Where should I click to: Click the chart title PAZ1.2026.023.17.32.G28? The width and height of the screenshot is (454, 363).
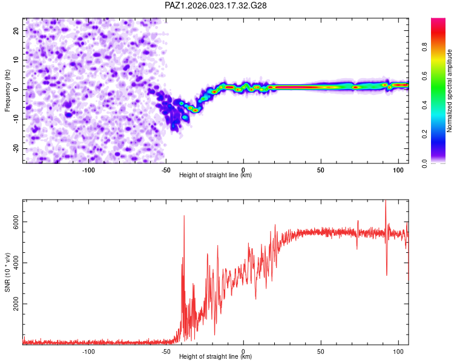pyautogui.click(x=216, y=5)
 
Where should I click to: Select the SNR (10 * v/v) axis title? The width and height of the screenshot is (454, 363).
pyautogui.click(x=7, y=272)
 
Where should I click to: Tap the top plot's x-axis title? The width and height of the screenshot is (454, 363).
pyautogui.click(x=215, y=175)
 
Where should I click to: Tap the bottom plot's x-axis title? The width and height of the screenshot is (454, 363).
pyautogui.click(x=215, y=357)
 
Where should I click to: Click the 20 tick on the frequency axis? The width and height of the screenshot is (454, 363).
pyautogui.click(x=16, y=30)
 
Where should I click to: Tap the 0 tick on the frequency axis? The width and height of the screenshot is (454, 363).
pyautogui.click(x=18, y=90)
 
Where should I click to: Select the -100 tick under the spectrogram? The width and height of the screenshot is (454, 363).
pyautogui.click(x=88, y=169)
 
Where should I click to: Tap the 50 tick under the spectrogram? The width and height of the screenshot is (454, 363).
pyautogui.click(x=321, y=169)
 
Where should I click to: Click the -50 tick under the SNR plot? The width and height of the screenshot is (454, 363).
pyautogui.click(x=166, y=351)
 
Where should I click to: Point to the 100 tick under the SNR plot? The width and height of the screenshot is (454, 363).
pyautogui.click(x=398, y=351)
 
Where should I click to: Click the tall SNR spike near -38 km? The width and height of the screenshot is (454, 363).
pyautogui.click(x=184, y=217)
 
